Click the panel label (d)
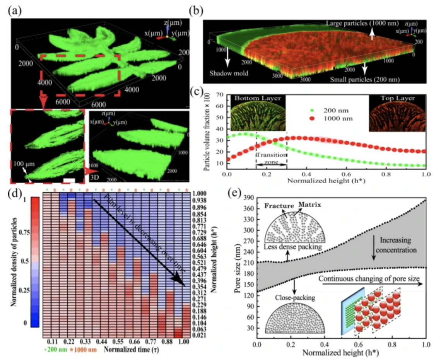[14, 192]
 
